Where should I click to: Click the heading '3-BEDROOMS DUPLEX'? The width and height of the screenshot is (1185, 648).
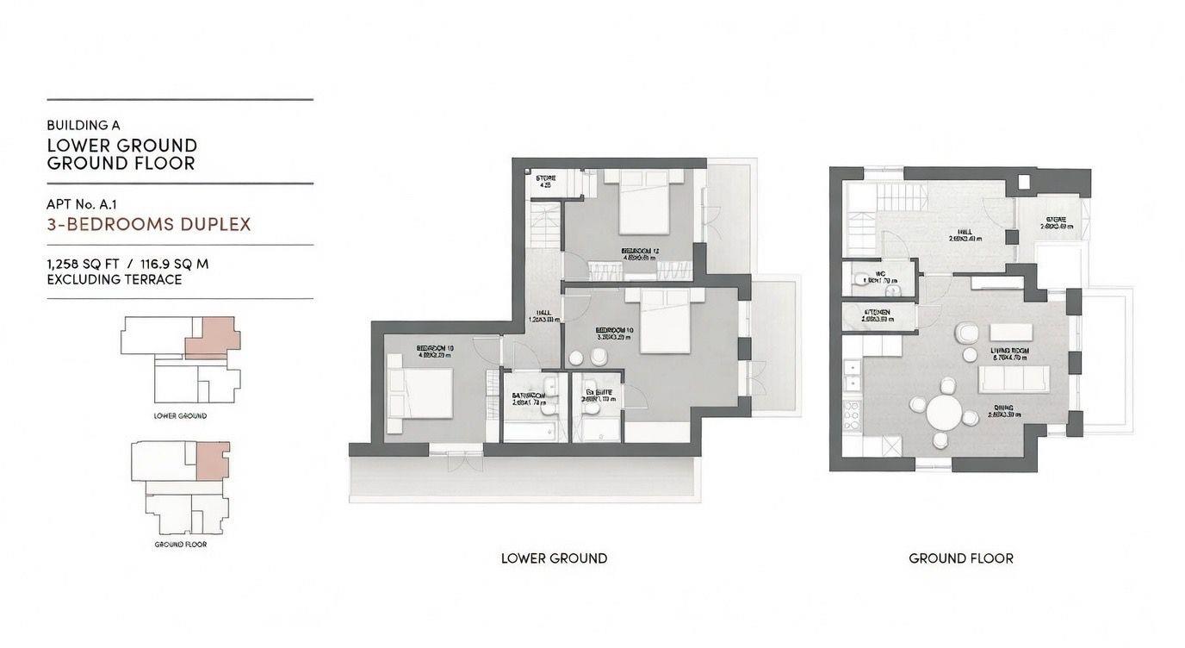[x=149, y=225]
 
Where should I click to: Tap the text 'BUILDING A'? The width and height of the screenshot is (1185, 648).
[x=84, y=125]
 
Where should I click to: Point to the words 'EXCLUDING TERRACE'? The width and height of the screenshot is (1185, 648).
[x=115, y=279]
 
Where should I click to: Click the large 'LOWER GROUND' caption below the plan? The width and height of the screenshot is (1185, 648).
[x=554, y=558]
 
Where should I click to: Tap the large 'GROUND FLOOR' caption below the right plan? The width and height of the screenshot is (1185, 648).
[x=960, y=558]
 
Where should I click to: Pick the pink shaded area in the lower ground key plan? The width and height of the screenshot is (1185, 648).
[x=212, y=337]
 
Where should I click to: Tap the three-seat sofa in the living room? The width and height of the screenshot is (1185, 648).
[x=1014, y=378]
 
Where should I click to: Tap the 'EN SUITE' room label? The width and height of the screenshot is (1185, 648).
[x=598, y=393]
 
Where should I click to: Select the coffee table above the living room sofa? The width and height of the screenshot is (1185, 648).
[x=1013, y=332]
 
